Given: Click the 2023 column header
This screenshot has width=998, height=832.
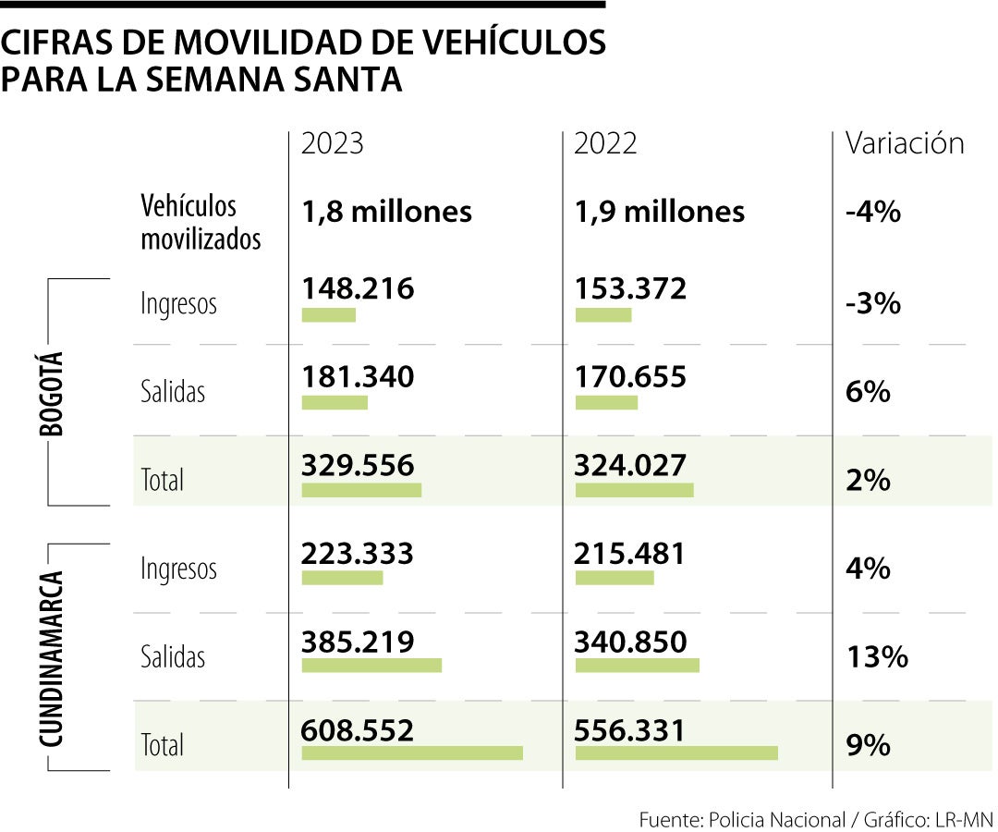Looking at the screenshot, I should tap(333, 144).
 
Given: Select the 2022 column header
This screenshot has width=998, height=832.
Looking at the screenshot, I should tap(605, 144).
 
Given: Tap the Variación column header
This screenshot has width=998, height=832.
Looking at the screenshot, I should tap(905, 143).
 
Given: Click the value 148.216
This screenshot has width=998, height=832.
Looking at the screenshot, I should tap(358, 288).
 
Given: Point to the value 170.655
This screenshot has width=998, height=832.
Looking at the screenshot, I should tap(630, 377).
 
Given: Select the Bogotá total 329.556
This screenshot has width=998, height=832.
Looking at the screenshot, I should tap(358, 466).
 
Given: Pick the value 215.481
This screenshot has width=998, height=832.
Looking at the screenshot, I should tap(629, 554).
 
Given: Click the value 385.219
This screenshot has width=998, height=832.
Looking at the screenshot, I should tap(358, 642).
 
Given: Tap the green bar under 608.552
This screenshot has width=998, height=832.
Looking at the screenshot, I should tap(412, 752).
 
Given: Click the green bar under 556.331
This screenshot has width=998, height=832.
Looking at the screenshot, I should tap(676, 752).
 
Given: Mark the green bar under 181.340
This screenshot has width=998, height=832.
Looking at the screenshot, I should tap(335, 402).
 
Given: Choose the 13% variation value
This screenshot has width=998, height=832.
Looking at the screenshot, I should tap(877, 657).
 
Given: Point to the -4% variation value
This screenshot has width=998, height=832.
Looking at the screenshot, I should tap(872, 213).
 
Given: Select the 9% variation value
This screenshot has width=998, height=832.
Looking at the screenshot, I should tap(868, 745).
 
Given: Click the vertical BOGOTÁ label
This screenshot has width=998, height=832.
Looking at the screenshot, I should tap(52, 393).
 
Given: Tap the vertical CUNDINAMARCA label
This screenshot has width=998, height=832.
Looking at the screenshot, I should tap(52, 658).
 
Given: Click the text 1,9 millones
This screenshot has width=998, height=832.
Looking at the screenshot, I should tap(659, 212).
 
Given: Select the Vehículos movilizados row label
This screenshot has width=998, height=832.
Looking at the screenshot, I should tap(201, 223).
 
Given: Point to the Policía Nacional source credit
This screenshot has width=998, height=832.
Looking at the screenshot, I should tap(776, 819).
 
